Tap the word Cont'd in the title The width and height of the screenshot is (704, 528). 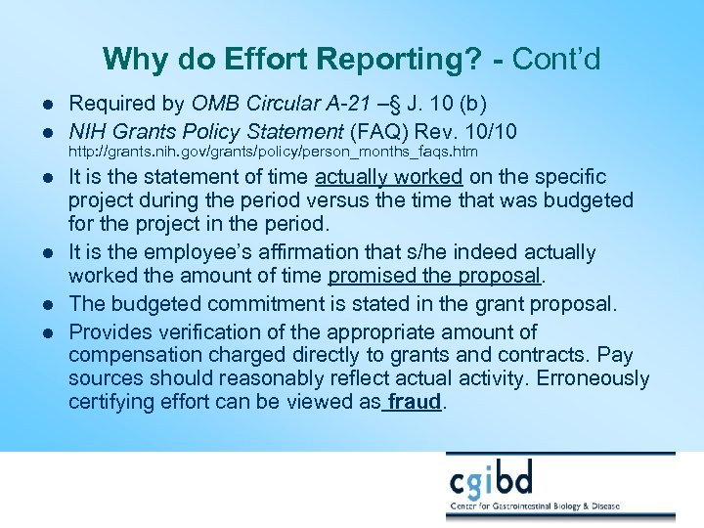[556, 60]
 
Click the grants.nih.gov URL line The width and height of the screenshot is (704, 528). [272, 153]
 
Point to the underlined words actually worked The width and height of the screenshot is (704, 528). [388, 177]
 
